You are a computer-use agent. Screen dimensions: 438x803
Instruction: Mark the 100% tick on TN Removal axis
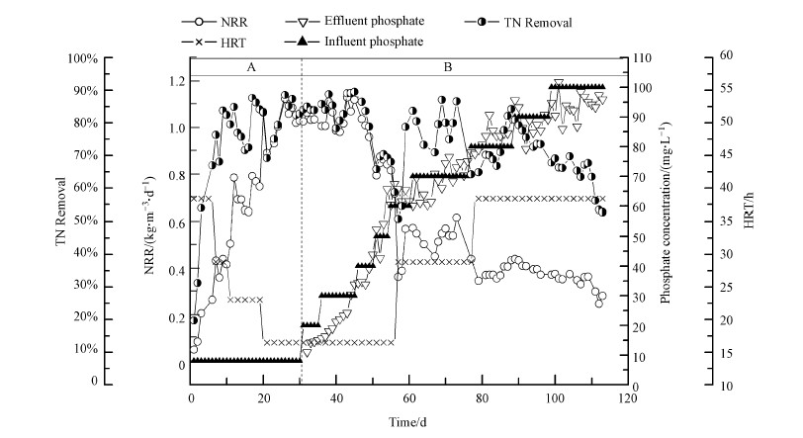113,58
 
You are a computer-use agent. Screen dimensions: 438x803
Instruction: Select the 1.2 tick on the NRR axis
172,80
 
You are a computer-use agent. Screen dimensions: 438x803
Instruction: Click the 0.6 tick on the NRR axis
172,223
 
